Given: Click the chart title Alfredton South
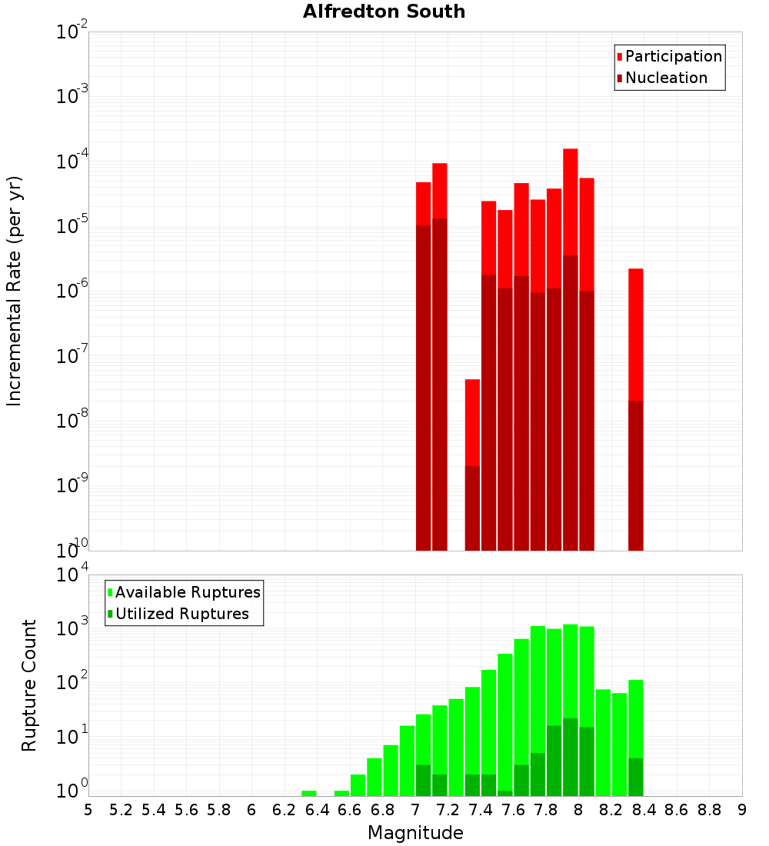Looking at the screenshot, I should [384, 12].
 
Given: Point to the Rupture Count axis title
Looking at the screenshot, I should [29, 685].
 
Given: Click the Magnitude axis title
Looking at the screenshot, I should [415, 833].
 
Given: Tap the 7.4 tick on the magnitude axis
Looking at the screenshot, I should [481, 810].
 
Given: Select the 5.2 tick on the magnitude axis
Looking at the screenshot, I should [122, 810].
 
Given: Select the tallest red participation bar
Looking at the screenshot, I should [570, 200].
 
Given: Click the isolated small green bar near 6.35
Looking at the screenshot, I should [309, 793].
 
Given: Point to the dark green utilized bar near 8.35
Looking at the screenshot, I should [635, 777].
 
